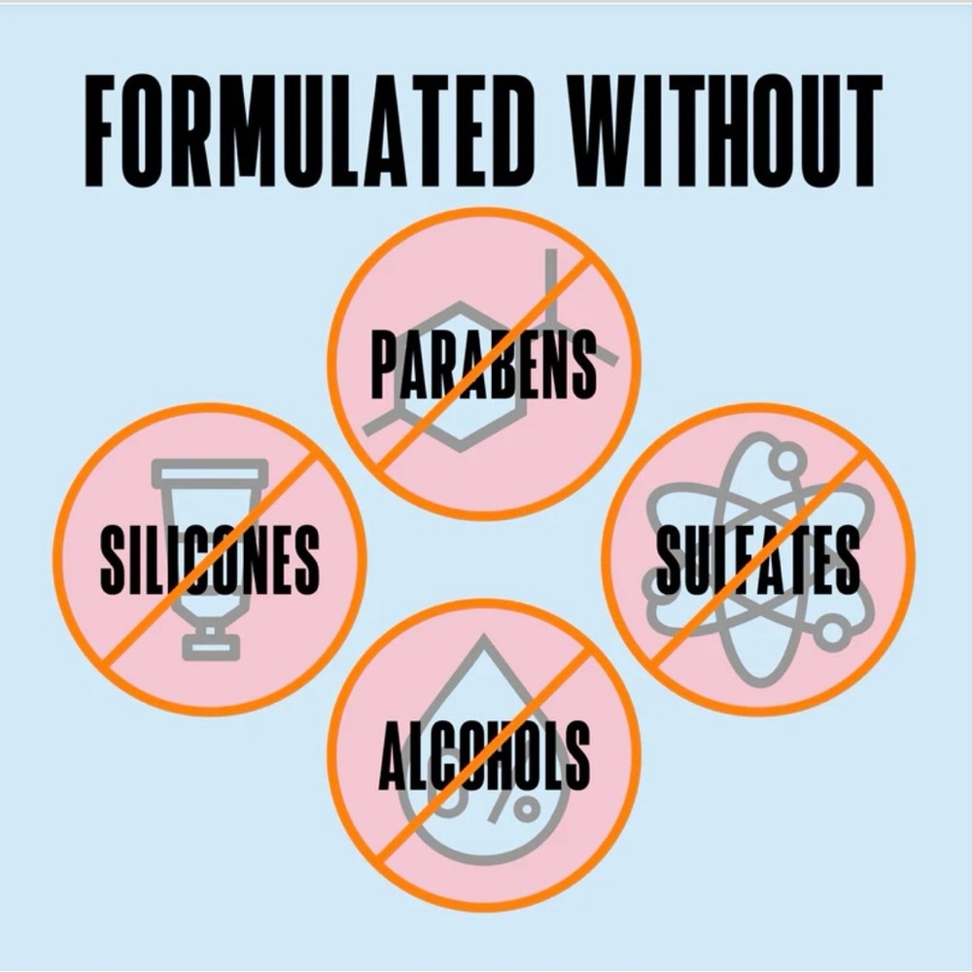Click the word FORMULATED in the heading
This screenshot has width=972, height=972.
coord(309,130)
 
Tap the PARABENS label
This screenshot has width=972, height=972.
coord(483,364)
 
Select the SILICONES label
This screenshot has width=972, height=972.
coord(210,559)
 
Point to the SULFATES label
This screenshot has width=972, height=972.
coord(757,560)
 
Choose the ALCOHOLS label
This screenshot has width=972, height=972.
coord(484,755)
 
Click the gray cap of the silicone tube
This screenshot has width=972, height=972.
coord(211,642)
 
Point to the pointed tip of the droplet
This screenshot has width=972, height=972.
coord(478,640)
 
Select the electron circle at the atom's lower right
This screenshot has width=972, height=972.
coord(832,633)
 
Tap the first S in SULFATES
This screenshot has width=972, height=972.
coord(669,560)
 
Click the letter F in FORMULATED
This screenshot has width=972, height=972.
coord(99,130)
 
